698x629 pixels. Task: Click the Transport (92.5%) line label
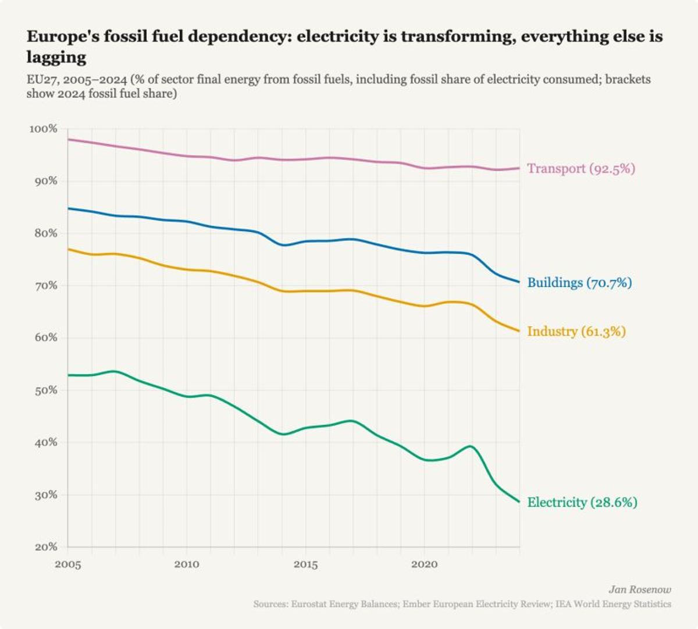(x=581, y=169)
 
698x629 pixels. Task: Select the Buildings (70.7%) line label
(x=579, y=283)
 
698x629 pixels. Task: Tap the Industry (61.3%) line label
(x=576, y=332)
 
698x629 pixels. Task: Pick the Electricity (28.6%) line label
(x=582, y=502)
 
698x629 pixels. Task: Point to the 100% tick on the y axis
(x=44, y=129)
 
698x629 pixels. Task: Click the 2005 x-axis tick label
(x=68, y=564)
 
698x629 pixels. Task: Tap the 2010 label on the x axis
(x=187, y=564)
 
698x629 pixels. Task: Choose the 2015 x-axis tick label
(x=305, y=564)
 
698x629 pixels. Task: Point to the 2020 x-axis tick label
(x=425, y=564)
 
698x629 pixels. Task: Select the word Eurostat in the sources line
(x=307, y=604)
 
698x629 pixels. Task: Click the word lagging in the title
(x=56, y=57)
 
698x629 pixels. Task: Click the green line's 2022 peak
(x=471, y=446)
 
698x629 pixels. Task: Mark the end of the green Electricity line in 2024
(x=519, y=502)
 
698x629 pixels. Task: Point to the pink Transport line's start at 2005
(x=69, y=140)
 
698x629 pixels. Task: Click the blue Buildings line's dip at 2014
(x=283, y=245)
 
